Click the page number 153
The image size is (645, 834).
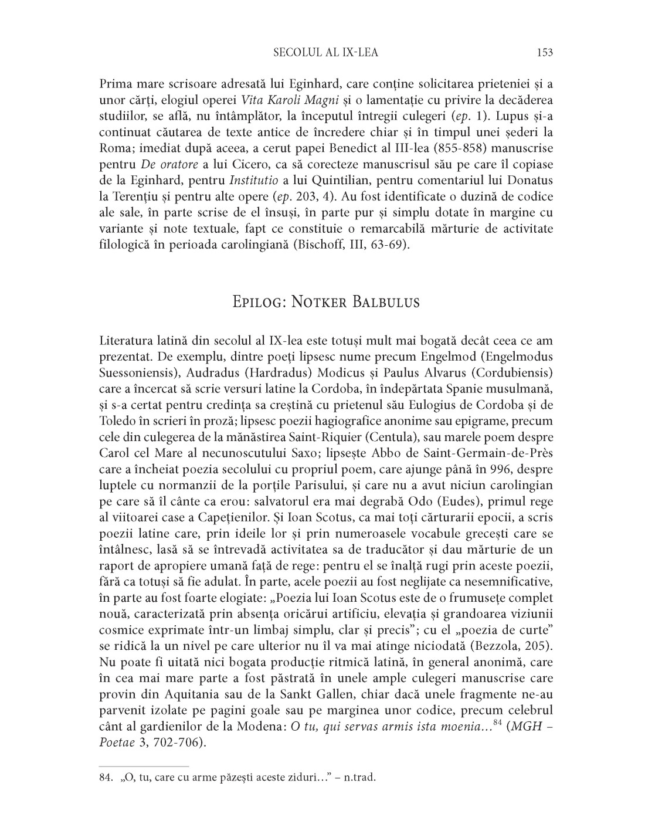click(545, 53)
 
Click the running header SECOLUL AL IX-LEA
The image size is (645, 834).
click(326, 53)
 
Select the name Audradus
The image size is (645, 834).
click(208, 372)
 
